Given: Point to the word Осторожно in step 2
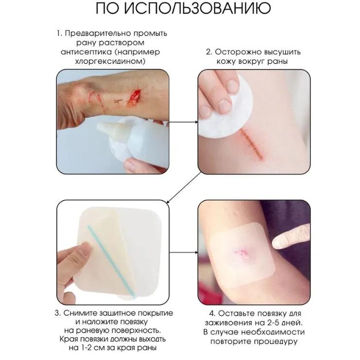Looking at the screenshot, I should point(240,52).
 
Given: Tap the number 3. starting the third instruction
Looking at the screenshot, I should point(57,313).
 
